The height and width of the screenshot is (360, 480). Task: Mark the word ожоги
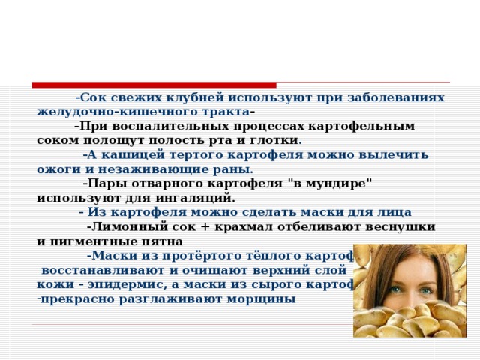click(x=57, y=169)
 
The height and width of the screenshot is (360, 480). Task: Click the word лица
click(x=394, y=212)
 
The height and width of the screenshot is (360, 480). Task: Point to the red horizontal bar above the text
click(x=154, y=85)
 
